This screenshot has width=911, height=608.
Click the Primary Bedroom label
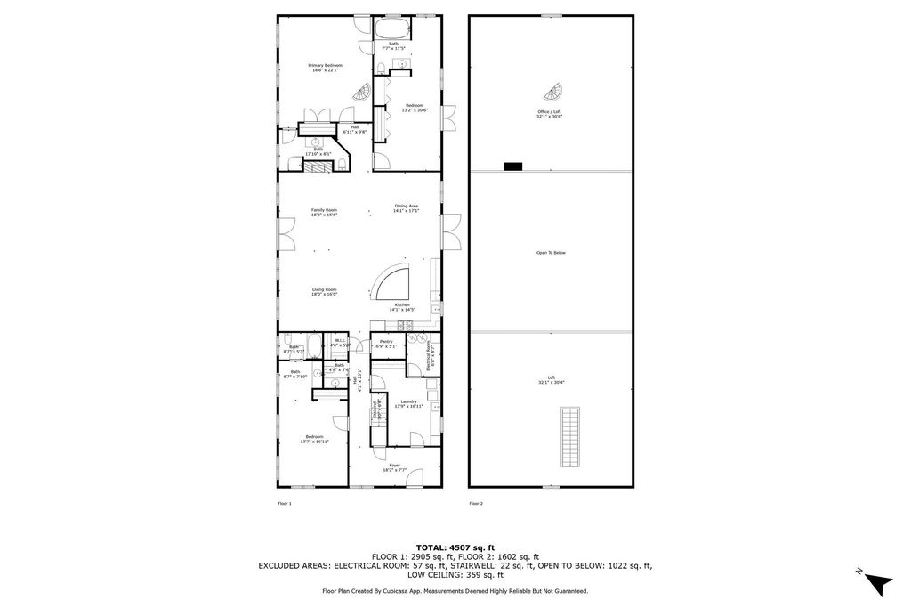point(325,67)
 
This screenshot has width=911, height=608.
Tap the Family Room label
point(324,212)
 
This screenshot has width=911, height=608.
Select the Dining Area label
point(407,207)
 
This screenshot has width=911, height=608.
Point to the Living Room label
point(324,291)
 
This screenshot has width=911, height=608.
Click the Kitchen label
point(403,306)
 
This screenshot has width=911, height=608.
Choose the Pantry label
point(386,343)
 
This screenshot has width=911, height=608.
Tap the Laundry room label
point(409,403)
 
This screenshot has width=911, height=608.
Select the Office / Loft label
point(549,114)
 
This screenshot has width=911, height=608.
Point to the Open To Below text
point(551,253)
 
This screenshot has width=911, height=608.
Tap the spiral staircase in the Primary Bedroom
point(362,92)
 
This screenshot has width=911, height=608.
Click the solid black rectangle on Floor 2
point(513,166)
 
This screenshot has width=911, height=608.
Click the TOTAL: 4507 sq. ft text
point(455,547)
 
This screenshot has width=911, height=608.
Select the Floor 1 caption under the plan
point(285,504)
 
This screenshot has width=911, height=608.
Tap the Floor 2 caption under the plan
point(476,504)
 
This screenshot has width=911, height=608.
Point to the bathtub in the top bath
point(393,26)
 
